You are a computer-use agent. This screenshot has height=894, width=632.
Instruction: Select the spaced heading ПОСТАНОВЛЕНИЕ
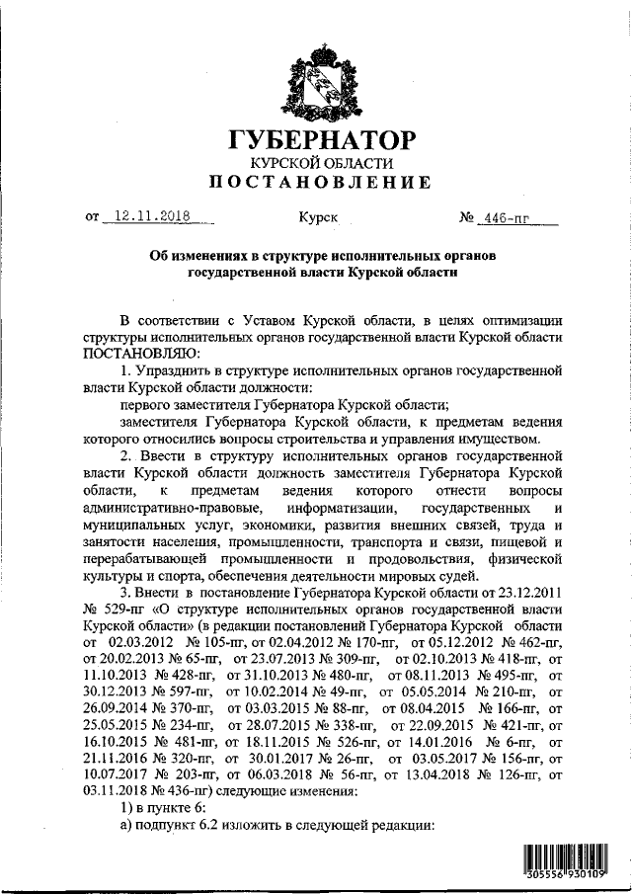(322, 183)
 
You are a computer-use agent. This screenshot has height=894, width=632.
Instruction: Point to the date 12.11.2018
(151, 214)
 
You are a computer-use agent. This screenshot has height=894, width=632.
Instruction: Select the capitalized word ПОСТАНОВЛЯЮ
(141, 353)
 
